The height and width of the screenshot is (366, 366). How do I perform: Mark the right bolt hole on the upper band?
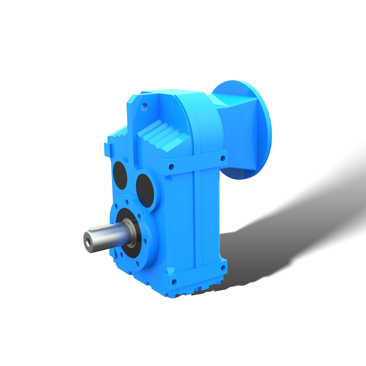click(223, 158)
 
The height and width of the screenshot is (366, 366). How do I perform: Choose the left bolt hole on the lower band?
click(174, 281)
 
